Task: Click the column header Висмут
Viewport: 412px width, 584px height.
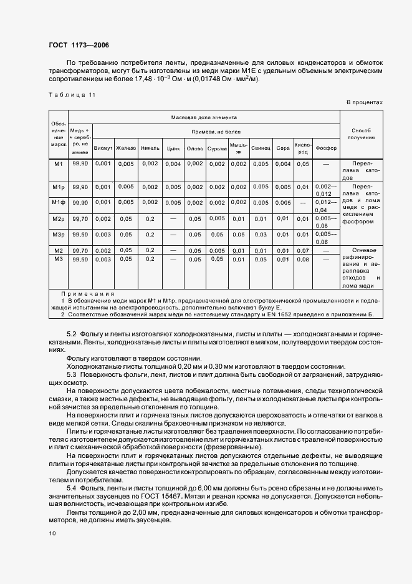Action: (103, 148)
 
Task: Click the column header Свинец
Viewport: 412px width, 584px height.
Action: (261, 148)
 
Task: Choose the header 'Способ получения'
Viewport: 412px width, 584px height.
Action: (362, 133)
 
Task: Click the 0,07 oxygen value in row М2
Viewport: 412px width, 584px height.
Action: (303, 250)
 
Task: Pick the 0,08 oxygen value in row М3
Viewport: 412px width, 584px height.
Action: (303, 259)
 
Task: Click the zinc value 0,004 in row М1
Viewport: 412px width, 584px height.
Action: (173, 164)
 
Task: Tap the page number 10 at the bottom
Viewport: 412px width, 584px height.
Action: (52, 533)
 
